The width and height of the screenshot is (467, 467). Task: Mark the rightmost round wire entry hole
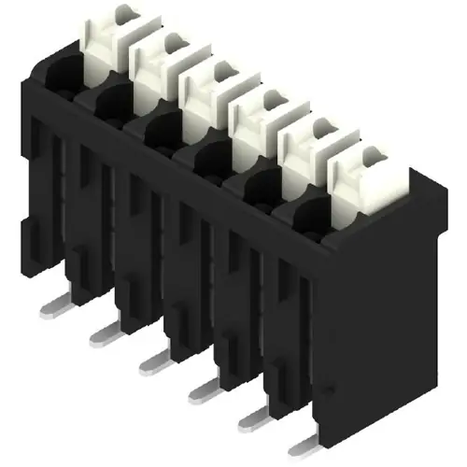pyautogui.click(x=312, y=214)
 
